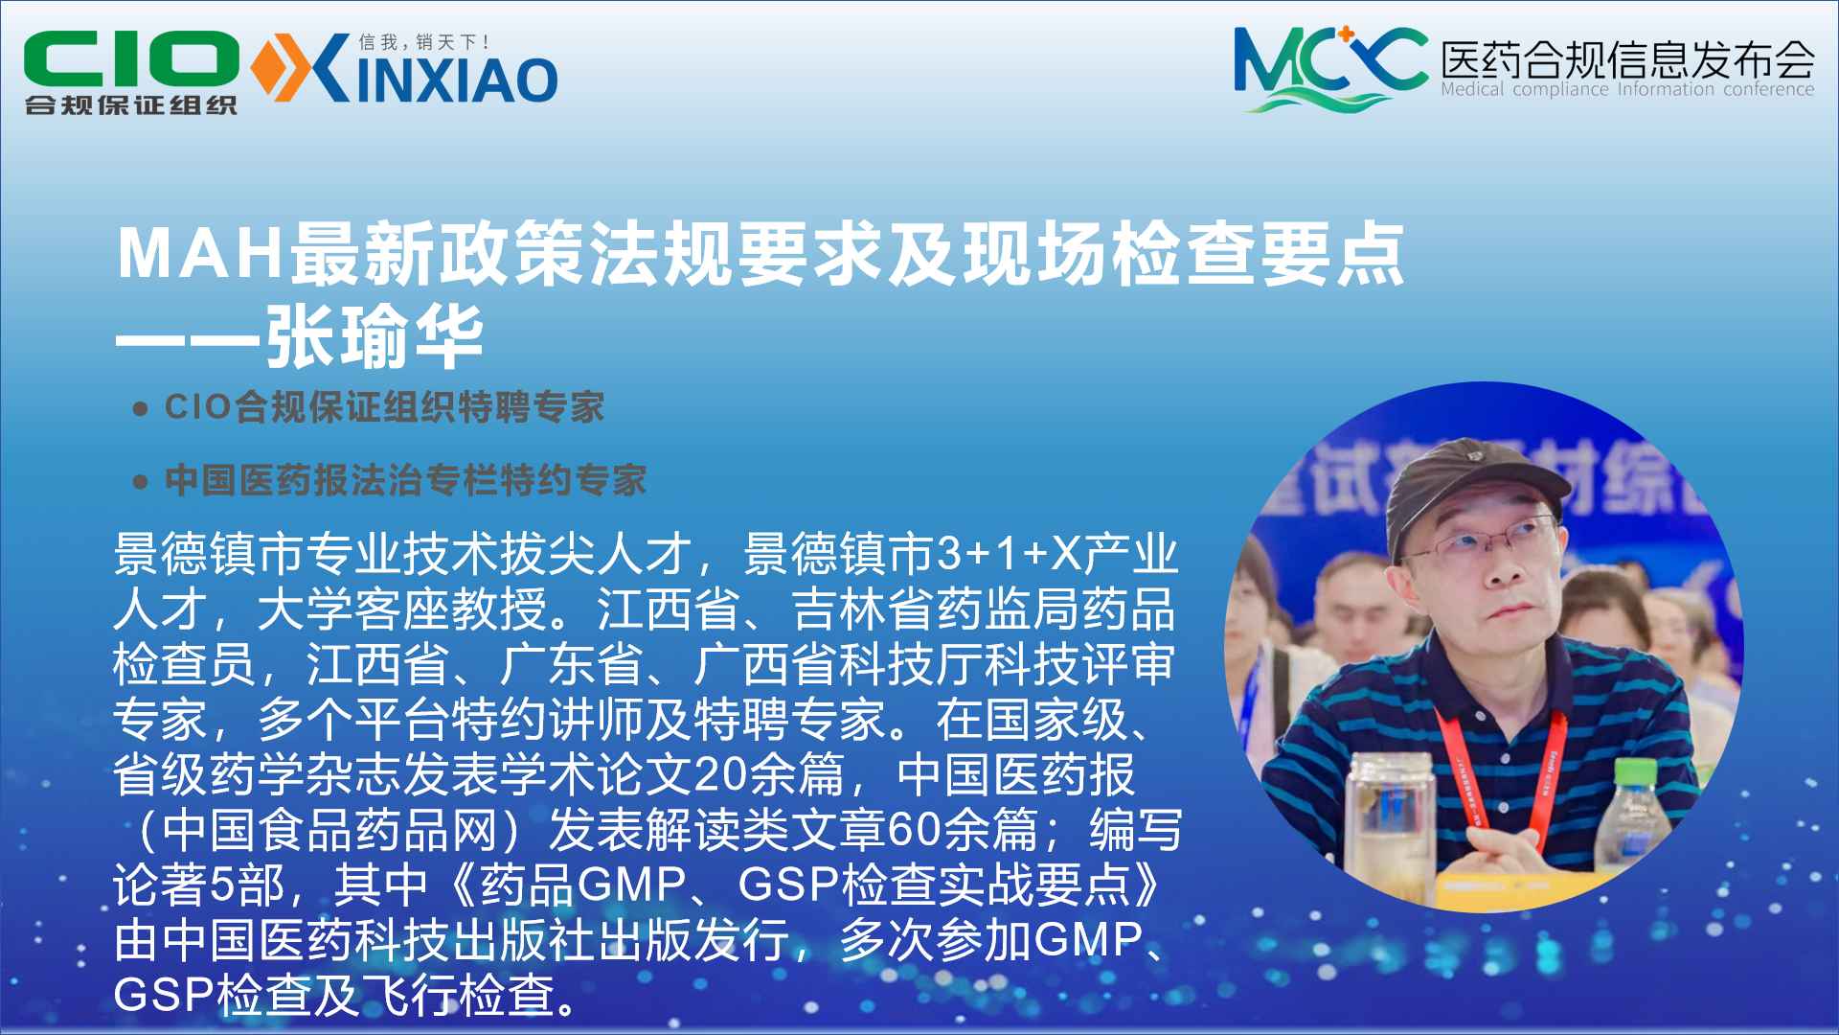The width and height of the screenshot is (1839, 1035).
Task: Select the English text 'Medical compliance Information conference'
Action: tap(1627, 89)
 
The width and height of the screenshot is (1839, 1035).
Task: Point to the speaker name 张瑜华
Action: tap(375, 337)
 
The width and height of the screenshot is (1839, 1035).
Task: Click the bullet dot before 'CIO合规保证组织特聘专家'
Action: tap(141, 409)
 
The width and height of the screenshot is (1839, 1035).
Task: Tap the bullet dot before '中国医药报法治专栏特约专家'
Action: tap(141, 481)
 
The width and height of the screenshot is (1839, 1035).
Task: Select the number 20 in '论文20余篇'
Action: tap(720, 774)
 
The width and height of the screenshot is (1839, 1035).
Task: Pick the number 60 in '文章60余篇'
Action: tap(914, 829)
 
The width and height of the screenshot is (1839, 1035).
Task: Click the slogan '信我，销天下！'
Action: tap(424, 42)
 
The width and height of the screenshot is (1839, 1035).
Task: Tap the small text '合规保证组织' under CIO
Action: tap(131, 104)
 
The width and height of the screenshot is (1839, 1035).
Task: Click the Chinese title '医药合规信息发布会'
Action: tap(1627, 58)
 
